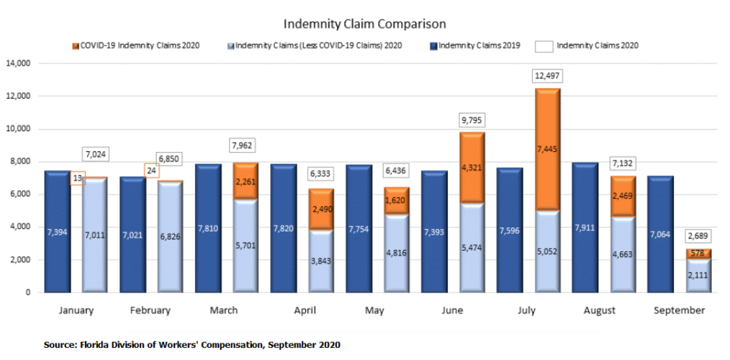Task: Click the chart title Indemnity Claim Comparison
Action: tap(364, 24)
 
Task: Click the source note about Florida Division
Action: tap(191, 345)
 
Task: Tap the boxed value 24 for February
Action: tap(153, 171)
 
